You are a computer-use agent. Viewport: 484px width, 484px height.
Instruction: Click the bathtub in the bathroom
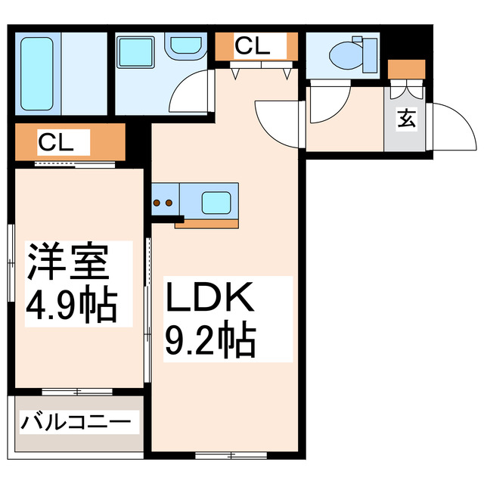pos(36,72)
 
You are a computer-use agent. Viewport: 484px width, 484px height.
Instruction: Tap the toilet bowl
pos(350,54)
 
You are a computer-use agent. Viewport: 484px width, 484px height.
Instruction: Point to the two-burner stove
pos(163,203)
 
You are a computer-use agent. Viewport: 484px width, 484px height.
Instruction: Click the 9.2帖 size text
pos(211,342)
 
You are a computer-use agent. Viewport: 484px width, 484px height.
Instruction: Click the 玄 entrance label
pos(406,118)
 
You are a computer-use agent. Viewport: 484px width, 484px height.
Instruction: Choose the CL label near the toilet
pos(252,46)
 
